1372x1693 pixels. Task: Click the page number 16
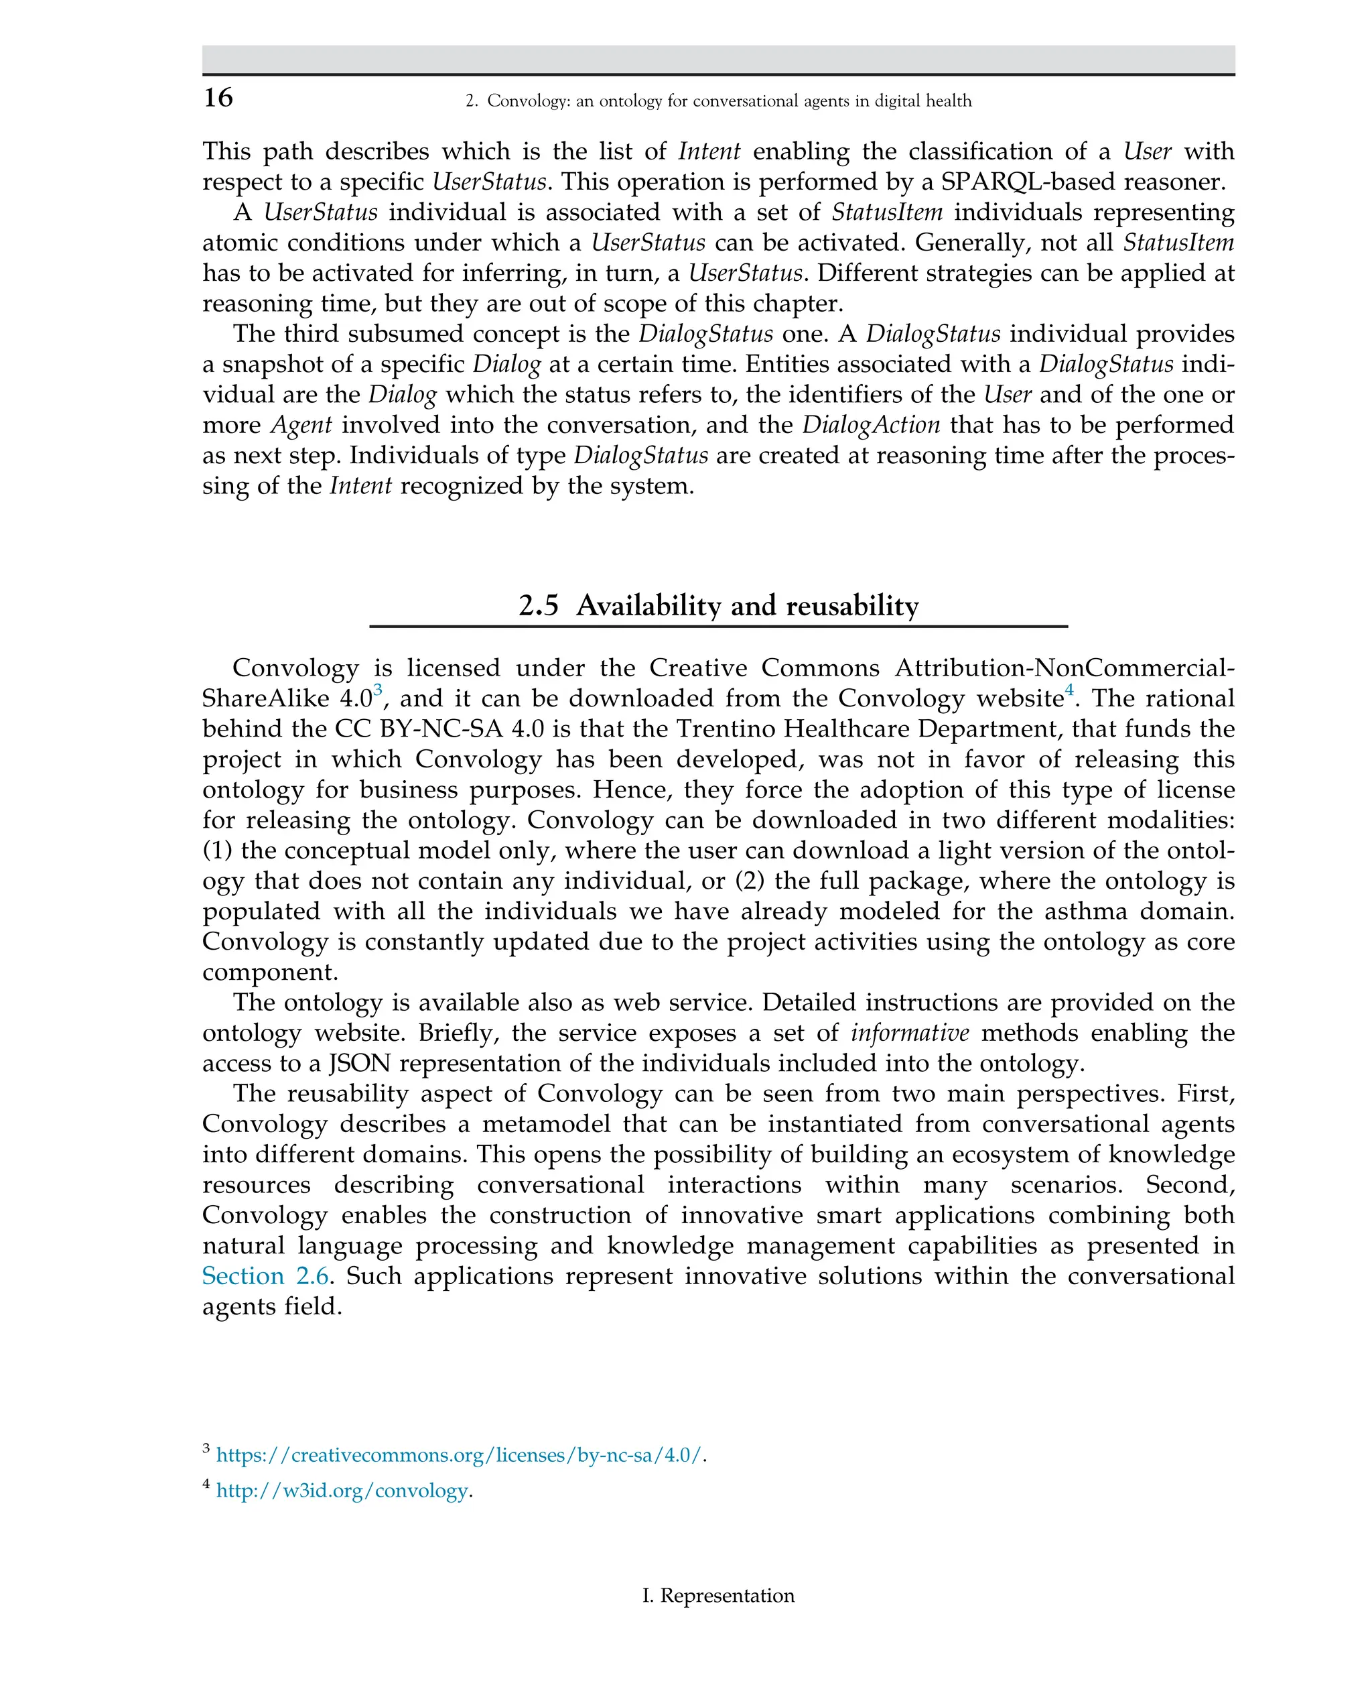point(218,98)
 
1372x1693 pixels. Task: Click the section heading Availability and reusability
point(718,606)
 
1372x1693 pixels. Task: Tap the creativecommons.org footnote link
point(458,1455)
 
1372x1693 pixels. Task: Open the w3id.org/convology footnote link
point(342,1491)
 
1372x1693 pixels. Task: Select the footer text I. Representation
point(717,1595)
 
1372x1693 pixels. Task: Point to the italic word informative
point(910,1033)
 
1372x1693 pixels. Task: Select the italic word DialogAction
point(871,426)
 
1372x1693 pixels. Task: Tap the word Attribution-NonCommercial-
point(1064,668)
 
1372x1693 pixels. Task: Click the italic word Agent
point(301,426)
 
